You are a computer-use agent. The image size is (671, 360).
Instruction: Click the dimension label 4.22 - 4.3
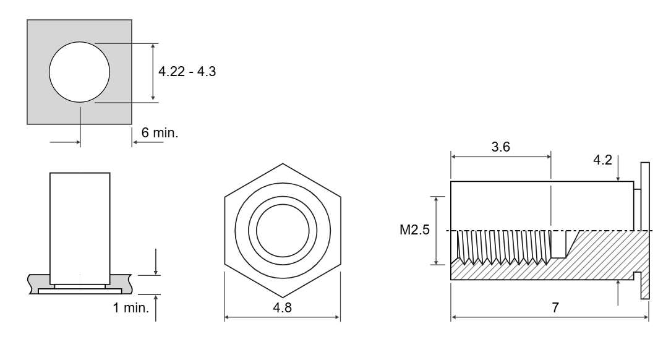(x=187, y=71)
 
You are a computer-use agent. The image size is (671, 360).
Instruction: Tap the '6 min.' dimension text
(x=160, y=133)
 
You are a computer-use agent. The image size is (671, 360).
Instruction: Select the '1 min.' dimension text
(x=131, y=307)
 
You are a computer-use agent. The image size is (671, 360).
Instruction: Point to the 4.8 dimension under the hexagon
(x=283, y=307)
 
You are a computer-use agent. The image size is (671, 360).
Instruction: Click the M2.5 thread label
(x=414, y=230)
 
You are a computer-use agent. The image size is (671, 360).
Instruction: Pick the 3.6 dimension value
(x=501, y=147)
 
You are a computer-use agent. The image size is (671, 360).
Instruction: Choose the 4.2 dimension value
(x=602, y=160)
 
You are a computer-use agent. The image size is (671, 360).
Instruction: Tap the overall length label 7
(x=555, y=307)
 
